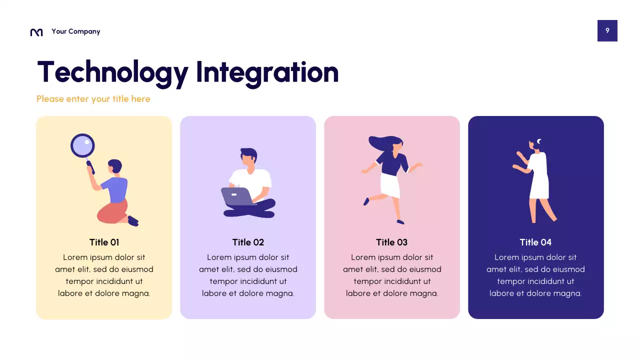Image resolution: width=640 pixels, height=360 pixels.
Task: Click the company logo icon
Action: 36,32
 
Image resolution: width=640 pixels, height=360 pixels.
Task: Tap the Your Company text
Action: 75,31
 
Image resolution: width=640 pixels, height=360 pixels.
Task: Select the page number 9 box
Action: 607,30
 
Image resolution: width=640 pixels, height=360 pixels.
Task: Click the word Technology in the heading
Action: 112,72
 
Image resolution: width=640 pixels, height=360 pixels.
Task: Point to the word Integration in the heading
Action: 267,72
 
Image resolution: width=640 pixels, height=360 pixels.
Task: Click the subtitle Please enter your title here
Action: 93,99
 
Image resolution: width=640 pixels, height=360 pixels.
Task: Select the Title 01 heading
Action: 104,242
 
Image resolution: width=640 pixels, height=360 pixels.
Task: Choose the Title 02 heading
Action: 248,242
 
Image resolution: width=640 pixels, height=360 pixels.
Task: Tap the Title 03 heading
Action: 391,242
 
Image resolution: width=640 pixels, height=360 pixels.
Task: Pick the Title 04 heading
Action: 535,242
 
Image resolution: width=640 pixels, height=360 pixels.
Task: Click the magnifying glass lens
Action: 82,146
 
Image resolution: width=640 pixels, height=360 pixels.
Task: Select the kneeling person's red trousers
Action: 113,211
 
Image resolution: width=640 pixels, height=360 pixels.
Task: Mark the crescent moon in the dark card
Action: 539,141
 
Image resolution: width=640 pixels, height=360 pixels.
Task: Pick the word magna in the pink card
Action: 425,293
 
